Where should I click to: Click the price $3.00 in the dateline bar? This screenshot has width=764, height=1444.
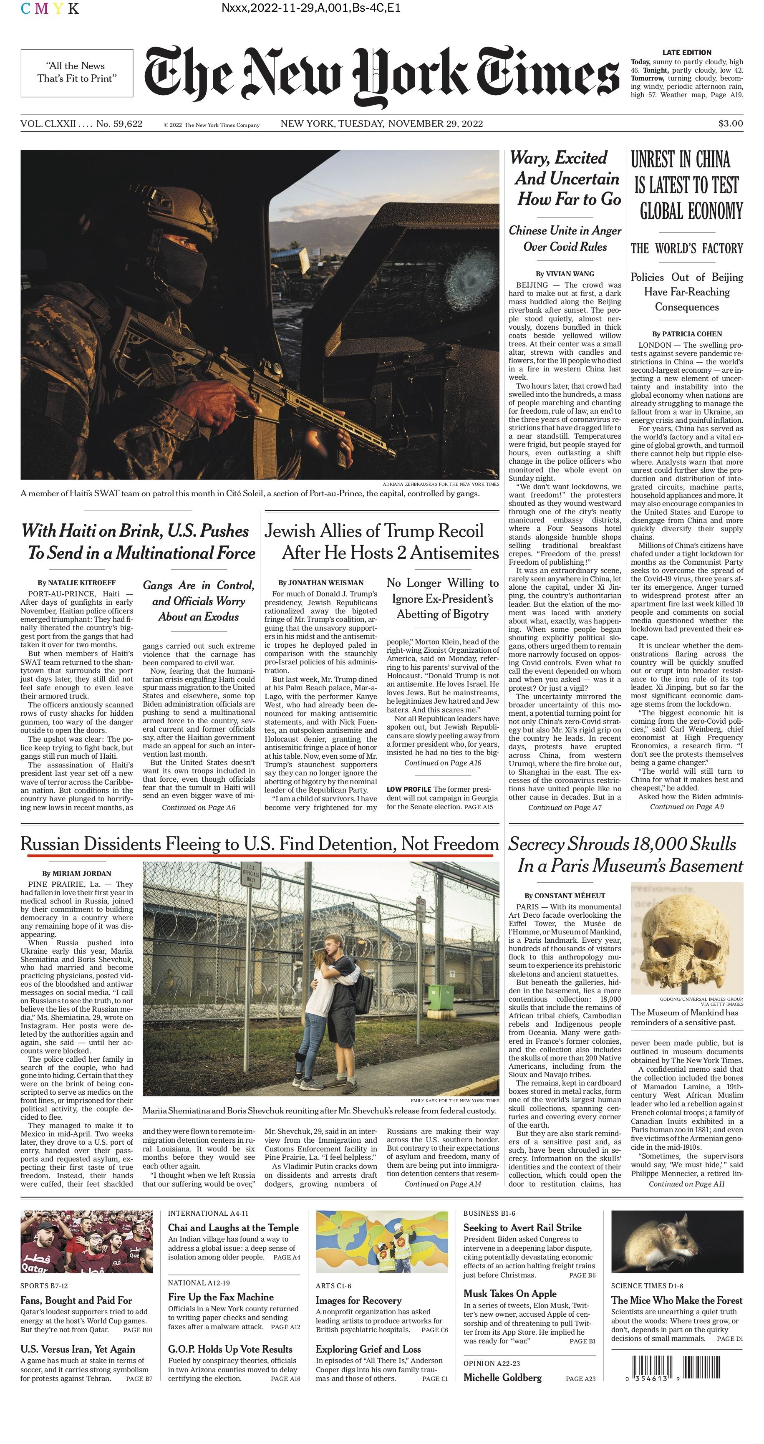coord(730,123)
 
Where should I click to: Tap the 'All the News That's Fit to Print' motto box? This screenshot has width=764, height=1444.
coord(77,72)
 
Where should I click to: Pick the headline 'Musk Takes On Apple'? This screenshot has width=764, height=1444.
coord(509,1293)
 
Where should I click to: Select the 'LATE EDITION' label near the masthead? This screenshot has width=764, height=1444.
coord(687,52)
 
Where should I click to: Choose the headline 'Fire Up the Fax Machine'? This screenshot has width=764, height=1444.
coord(221,1297)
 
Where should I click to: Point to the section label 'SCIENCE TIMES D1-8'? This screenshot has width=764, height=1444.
coord(647,1286)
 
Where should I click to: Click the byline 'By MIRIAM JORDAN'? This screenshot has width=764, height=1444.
coord(77,873)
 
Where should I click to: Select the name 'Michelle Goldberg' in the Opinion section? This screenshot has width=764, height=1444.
coord(502,1377)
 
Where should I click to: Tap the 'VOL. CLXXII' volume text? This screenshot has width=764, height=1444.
coord(48,123)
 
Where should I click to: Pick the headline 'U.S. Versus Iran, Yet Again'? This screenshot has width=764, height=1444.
coord(77,1349)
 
